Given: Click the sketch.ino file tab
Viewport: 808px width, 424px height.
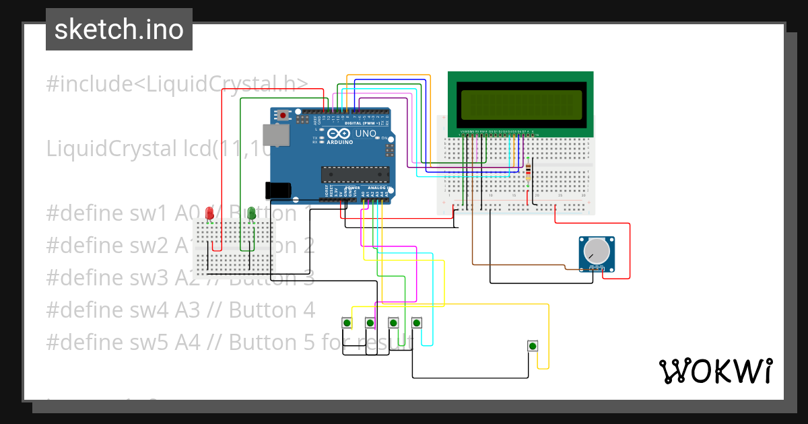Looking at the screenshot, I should point(119,30).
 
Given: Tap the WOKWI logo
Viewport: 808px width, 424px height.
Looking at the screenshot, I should point(714,371).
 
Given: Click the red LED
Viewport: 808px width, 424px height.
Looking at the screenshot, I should point(209,214).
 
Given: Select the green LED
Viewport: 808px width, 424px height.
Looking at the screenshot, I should point(251,214).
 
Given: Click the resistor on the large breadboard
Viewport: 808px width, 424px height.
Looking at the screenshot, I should point(527,173).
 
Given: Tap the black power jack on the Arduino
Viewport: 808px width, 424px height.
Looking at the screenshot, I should point(279,190).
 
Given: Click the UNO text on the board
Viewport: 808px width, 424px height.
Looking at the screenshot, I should point(366,133).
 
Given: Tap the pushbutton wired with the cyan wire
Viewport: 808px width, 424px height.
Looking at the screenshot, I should point(417,323).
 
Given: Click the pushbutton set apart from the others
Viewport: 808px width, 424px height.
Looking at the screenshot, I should point(533,346).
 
